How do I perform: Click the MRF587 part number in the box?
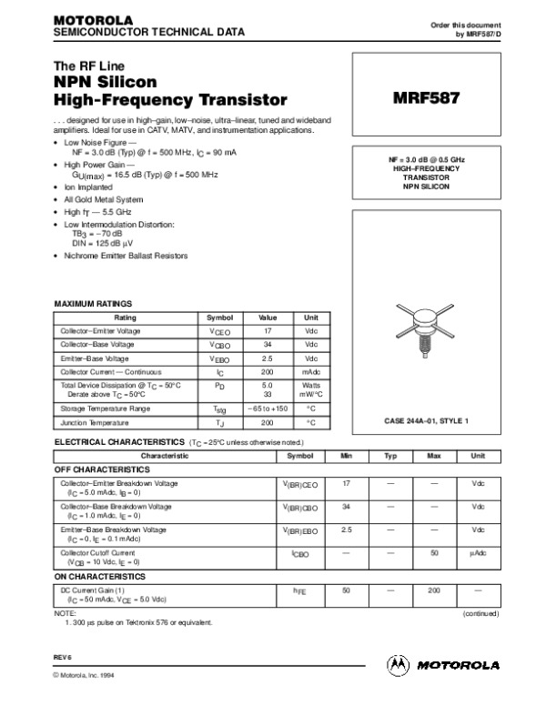point(426,95)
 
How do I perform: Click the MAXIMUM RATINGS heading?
point(94,302)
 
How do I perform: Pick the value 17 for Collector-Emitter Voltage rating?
point(268,331)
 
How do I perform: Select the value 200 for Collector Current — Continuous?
point(268,372)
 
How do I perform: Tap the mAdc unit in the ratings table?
point(311,372)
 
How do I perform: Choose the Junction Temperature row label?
point(96,423)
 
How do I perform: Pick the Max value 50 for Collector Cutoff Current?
point(434,552)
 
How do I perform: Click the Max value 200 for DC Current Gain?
point(434,590)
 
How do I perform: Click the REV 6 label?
point(64,655)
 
